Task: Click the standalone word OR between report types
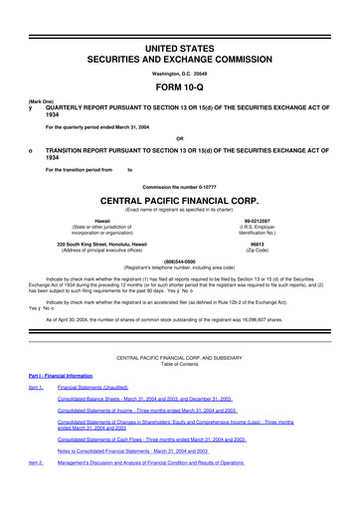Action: click(x=179, y=137)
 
